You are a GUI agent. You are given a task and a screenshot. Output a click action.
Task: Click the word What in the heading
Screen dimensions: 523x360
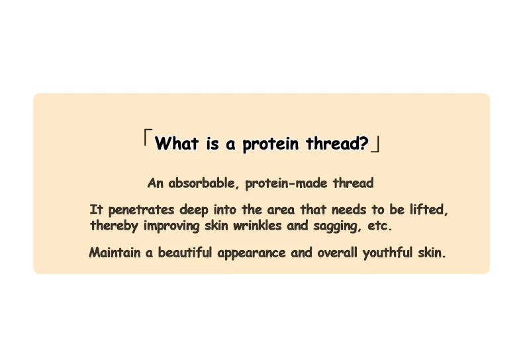(x=177, y=144)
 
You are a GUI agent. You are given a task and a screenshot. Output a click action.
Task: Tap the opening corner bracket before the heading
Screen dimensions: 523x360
(x=148, y=138)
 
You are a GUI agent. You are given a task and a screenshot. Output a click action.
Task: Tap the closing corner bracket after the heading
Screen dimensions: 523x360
(x=375, y=145)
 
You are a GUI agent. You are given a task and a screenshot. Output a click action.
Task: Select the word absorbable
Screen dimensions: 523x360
(x=203, y=183)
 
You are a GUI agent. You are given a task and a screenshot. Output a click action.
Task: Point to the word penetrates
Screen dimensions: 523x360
(x=141, y=210)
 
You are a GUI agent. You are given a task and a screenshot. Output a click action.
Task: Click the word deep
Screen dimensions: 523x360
(x=194, y=210)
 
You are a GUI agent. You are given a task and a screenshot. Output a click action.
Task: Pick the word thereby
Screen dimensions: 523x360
(x=114, y=226)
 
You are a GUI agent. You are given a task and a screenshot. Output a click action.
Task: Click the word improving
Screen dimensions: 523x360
(x=171, y=226)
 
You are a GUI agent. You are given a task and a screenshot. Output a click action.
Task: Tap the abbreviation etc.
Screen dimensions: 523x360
(x=379, y=226)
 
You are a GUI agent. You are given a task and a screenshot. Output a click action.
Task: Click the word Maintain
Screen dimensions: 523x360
(x=115, y=252)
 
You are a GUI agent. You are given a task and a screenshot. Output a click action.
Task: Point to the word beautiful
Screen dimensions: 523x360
(x=185, y=252)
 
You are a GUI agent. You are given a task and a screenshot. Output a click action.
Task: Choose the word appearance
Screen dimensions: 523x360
(x=252, y=253)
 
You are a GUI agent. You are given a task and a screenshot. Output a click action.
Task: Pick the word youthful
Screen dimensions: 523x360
(x=387, y=253)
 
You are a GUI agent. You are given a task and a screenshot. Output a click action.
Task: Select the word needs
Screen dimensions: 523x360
(x=348, y=210)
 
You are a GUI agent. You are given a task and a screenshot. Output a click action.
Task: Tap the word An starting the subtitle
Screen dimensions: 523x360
(x=156, y=183)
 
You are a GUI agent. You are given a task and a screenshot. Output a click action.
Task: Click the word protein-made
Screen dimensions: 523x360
(x=286, y=183)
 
